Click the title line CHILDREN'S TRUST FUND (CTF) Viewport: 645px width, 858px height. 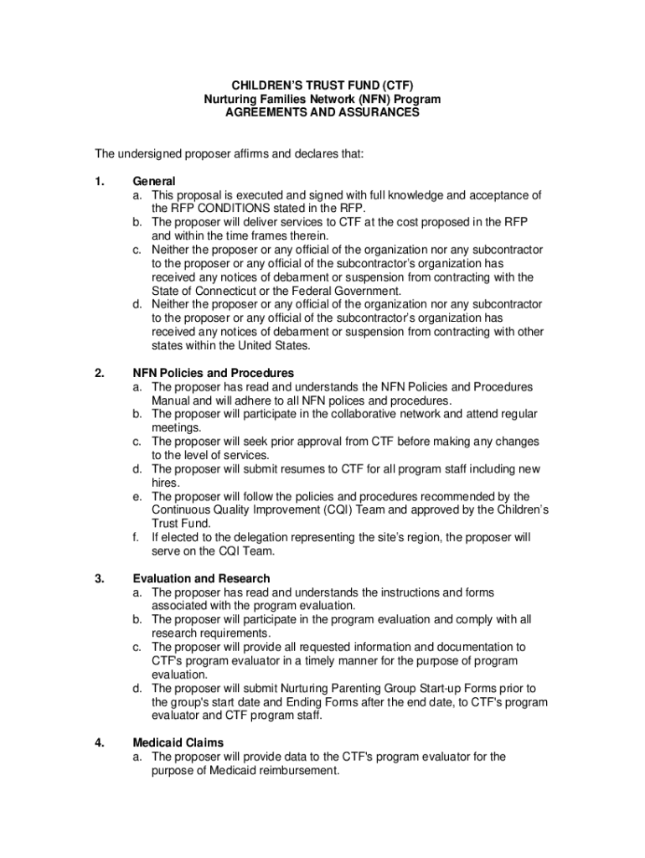(x=322, y=85)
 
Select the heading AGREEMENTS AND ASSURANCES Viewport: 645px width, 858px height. (x=322, y=112)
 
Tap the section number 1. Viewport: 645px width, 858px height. (x=99, y=181)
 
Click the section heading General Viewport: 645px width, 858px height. (x=154, y=181)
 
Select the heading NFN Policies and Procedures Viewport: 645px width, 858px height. (x=214, y=373)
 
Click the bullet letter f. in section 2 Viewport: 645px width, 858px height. (x=137, y=537)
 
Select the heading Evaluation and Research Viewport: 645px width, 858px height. (x=201, y=578)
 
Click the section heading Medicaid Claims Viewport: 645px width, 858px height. (x=178, y=742)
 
